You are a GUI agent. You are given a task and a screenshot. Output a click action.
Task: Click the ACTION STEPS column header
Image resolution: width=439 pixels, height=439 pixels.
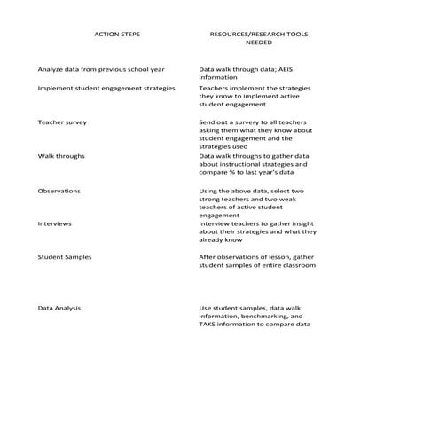(x=116, y=35)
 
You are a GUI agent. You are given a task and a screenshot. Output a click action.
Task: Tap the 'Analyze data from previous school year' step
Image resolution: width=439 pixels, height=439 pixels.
(x=93, y=69)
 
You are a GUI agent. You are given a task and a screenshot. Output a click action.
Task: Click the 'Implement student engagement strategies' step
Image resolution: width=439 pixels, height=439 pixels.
(x=106, y=89)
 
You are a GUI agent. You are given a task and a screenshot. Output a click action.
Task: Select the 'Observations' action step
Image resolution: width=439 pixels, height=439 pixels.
(x=59, y=191)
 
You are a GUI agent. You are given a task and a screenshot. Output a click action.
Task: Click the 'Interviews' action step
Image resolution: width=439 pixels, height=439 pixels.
(x=55, y=223)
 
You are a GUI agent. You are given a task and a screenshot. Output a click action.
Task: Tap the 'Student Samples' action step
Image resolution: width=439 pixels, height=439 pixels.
(x=64, y=257)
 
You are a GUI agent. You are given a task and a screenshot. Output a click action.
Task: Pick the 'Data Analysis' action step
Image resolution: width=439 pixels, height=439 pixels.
(x=59, y=308)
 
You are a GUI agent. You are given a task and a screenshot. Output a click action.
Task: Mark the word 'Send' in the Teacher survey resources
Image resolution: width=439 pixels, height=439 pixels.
(x=208, y=121)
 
